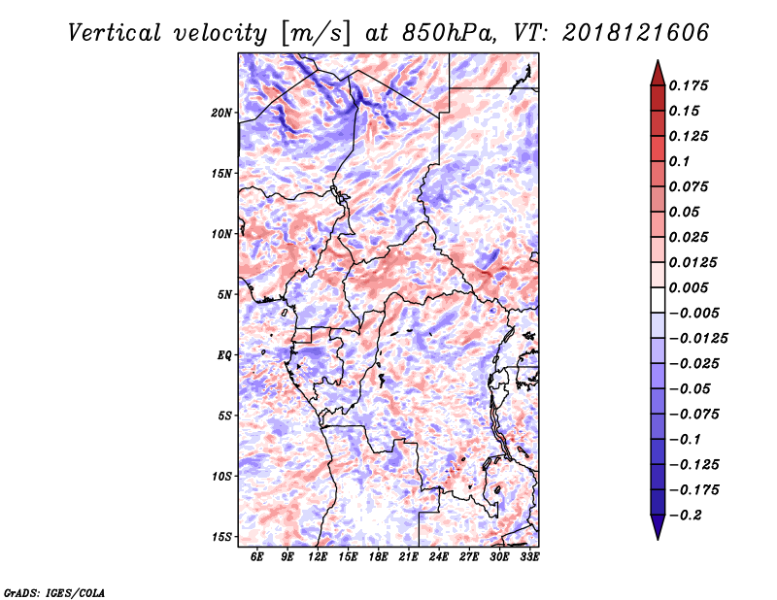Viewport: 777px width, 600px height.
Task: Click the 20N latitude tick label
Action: tap(221, 113)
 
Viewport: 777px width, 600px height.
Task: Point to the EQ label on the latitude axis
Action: tap(224, 355)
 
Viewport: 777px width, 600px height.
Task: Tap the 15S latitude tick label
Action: tap(221, 537)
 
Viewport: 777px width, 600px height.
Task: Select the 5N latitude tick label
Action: tap(224, 295)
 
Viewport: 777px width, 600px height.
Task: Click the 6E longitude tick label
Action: tap(256, 557)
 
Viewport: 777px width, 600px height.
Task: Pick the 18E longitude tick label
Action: tap(378, 557)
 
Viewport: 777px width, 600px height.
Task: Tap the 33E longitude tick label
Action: tap(529, 557)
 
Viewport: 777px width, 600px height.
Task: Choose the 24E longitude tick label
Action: tap(439, 557)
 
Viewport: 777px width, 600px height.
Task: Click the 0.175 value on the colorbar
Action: tap(689, 85)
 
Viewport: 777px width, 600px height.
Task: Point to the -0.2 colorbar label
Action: tap(686, 516)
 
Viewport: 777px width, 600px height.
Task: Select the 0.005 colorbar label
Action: tap(689, 287)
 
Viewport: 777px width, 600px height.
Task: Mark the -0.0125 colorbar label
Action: tap(698, 339)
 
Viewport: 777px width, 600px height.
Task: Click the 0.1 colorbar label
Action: tap(679, 161)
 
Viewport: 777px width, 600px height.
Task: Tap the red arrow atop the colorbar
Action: tap(658, 73)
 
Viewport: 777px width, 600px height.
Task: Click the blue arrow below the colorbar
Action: tap(658, 527)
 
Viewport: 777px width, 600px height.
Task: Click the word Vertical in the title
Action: tap(115, 33)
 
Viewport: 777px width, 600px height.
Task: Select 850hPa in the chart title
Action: tap(449, 33)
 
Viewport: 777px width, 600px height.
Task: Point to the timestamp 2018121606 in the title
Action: tap(636, 33)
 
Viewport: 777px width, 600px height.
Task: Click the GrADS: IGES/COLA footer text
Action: tap(54, 592)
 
